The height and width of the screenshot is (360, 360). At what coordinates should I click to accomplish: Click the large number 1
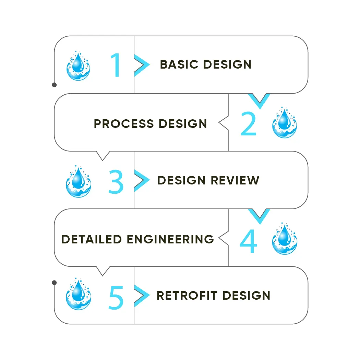[x=116, y=65]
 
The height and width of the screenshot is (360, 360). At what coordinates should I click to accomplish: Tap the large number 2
[x=248, y=124]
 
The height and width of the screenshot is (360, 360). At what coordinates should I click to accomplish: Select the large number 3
[x=116, y=182]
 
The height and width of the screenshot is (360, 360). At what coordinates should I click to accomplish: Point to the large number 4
[x=248, y=241]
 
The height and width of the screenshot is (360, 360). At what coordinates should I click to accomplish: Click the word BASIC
[x=179, y=64]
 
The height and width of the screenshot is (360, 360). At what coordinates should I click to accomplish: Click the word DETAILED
[x=92, y=239]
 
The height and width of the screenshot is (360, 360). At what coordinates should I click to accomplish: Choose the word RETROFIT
[x=187, y=296]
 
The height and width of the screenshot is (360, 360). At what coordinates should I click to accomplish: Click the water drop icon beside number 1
[x=78, y=65]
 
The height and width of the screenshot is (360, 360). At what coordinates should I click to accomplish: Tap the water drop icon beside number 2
[x=284, y=122]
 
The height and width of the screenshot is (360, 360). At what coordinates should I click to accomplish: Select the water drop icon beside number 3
[x=78, y=181]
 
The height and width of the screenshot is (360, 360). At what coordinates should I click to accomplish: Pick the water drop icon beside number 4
[x=284, y=239]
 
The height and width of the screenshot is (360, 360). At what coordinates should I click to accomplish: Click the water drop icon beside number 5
[x=78, y=294]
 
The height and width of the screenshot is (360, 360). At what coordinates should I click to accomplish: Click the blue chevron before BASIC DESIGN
[x=141, y=64]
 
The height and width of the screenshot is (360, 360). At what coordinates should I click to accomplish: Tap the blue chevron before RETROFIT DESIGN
[x=141, y=295]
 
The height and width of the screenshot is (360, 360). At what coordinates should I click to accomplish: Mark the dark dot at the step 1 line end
[x=54, y=84]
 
